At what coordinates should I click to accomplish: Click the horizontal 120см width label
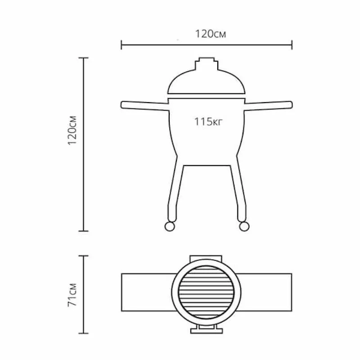click(210, 34)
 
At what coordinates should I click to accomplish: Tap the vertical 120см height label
click(72, 130)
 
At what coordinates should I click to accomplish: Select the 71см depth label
click(72, 295)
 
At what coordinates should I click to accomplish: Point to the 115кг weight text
click(208, 121)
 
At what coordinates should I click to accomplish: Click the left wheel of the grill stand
click(170, 226)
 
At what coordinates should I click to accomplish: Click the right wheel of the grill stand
click(244, 226)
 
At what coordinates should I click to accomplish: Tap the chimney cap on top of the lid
click(207, 63)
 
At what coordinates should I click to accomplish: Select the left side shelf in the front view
click(144, 105)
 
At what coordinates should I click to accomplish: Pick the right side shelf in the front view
click(268, 105)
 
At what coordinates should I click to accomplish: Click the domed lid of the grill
click(207, 83)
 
